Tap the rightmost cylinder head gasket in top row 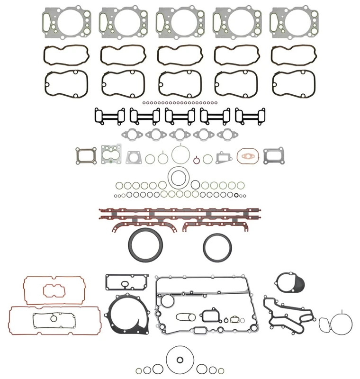click(x=288, y=23)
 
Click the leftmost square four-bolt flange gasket click(x=85, y=155)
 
